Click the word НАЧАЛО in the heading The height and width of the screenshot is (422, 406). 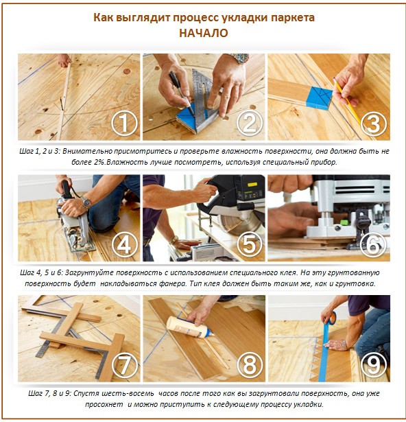pyautogui.click(x=204, y=33)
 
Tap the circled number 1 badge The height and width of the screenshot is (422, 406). pyautogui.click(x=124, y=124)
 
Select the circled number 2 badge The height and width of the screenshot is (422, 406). pyautogui.click(x=248, y=124)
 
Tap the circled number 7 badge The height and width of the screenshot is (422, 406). pyautogui.click(x=124, y=366)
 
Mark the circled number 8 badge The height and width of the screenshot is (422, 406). pyautogui.click(x=248, y=366)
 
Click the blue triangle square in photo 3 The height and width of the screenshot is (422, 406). pyautogui.click(x=320, y=97)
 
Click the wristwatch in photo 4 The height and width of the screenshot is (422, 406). pyautogui.click(x=86, y=202)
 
